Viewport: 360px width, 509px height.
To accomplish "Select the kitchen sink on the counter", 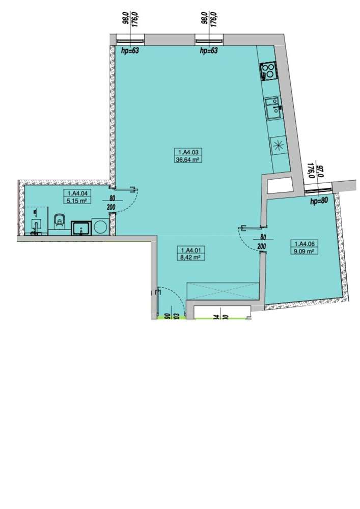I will point(272,106).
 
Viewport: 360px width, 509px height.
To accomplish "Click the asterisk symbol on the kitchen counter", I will point(279,145).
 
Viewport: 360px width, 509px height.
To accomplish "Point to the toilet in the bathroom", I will point(59,223).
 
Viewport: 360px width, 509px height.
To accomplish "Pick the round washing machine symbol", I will point(99,228).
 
